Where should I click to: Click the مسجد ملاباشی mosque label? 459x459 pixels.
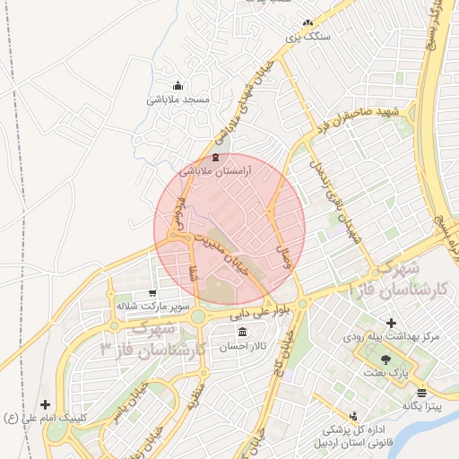coord(178,100)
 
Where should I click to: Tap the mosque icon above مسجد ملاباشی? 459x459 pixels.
coord(178,86)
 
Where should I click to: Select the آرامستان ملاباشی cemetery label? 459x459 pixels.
coord(215,170)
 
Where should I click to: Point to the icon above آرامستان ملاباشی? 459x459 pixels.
coord(215,157)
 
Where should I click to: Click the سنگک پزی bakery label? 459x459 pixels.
coord(307,37)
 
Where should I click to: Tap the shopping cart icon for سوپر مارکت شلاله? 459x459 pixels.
coord(152,292)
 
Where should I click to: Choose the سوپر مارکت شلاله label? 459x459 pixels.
coord(151,306)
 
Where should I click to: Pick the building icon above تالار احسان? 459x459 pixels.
coord(243,332)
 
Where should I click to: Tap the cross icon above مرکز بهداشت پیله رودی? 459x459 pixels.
coord(390,323)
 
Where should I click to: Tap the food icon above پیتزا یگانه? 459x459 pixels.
coord(421,393)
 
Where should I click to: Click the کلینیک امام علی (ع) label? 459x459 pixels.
coord(46,417)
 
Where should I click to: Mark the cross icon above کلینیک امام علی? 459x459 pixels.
coord(46,404)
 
